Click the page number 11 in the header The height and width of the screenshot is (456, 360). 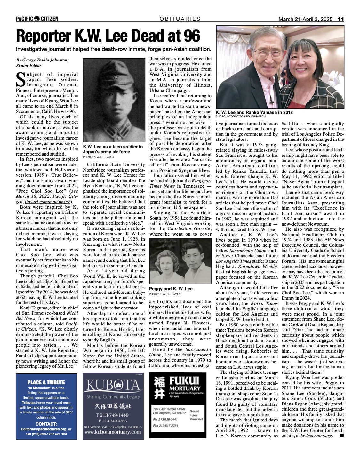coord(340,19)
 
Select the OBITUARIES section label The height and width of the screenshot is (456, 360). coord(180,19)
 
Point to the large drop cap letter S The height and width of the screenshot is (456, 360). coord(20,79)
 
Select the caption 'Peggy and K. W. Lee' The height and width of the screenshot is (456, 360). coord(171,289)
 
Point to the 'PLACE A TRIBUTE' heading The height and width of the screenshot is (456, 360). coord(46,382)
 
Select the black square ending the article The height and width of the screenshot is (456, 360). coord(341,436)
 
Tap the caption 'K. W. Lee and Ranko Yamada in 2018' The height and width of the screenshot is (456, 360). coord(254,112)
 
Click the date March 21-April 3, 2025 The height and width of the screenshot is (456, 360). coord(305,19)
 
